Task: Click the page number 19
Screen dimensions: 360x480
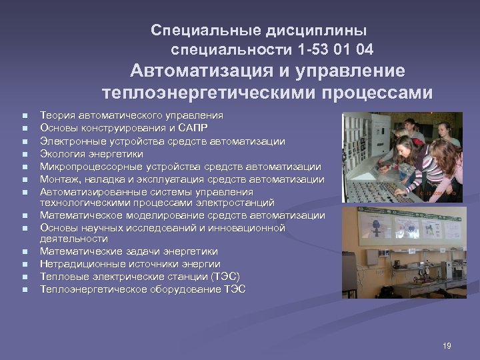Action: click(x=447, y=345)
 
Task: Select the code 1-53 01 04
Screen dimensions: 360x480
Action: click(x=333, y=49)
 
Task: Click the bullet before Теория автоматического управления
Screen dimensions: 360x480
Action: click(x=24, y=116)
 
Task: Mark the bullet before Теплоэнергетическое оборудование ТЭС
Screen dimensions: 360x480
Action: click(x=24, y=289)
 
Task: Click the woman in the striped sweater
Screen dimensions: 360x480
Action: click(x=437, y=167)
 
